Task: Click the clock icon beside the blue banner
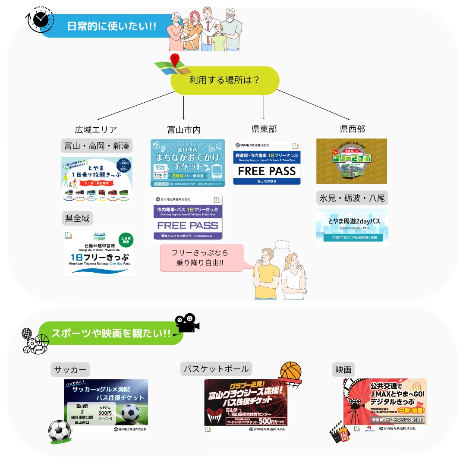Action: coord(41,20)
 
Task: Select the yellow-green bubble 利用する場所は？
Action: coord(225,80)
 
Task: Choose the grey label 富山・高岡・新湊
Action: coord(97,146)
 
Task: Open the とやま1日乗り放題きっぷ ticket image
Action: coord(96,179)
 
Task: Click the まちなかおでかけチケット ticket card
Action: coord(188,163)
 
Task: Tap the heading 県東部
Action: coord(264,129)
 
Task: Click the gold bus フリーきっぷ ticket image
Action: coord(352,161)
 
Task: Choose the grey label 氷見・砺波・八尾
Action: coord(352,198)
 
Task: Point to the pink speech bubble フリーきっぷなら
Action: coord(200,258)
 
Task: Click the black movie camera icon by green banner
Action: coord(187,323)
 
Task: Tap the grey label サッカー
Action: coord(70,370)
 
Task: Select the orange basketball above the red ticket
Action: coord(290,372)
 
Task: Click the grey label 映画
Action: coord(343,370)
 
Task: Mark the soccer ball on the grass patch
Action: coord(59,430)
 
